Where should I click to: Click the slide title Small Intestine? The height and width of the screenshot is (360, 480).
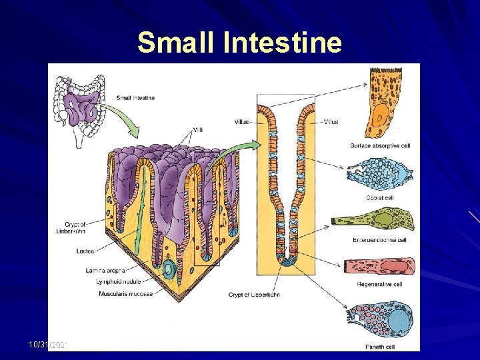click(239, 42)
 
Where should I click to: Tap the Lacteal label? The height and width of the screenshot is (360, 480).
click(88, 251)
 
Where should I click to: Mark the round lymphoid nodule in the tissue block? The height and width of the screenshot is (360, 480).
click(170, 270)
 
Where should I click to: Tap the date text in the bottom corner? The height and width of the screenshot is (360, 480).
click(51, 344)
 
